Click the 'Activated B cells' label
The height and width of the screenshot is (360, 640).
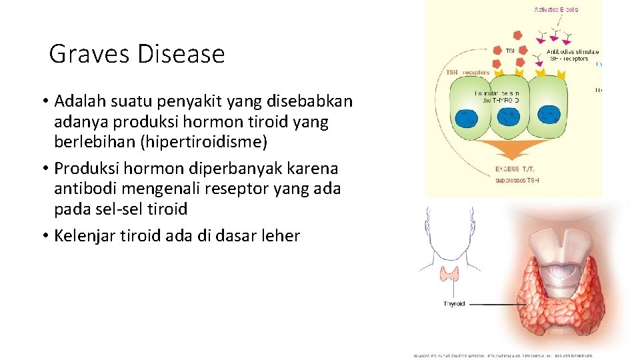pos(556,9)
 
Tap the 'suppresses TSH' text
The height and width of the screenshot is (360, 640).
pos(517,180)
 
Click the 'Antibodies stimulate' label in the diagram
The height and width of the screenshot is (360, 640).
pos(572,51)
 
